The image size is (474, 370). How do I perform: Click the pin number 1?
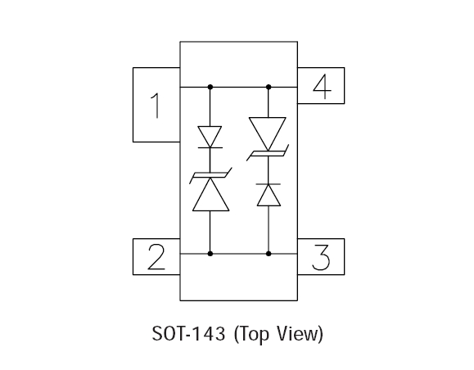156,106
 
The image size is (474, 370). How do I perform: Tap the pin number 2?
156,257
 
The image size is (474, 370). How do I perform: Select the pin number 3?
321,257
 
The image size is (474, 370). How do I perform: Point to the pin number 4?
323,87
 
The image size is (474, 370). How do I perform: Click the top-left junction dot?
210,87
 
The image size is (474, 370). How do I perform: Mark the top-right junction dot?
269,87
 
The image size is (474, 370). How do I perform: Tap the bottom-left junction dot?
210,254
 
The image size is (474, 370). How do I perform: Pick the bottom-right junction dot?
269,254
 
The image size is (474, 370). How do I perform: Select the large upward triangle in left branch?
210,194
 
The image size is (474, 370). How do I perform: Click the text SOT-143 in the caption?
188,334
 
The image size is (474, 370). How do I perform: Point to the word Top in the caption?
251,334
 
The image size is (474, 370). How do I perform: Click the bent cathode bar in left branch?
210,175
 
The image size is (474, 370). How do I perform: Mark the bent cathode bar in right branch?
268,153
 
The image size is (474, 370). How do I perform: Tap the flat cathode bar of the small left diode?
210,148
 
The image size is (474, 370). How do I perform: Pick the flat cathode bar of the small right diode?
269,184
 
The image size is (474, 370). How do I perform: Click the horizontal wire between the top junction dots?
239,87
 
